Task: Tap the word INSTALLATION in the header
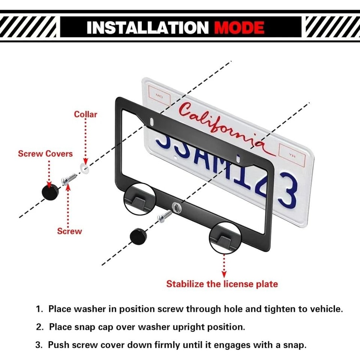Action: (148, 27)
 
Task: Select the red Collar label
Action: (86, 114)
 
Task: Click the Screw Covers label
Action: (45, 154)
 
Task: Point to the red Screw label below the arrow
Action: (69, 231)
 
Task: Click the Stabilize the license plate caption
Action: (222, 284)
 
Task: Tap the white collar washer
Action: (84, 167)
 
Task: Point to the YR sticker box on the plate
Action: (291, 156)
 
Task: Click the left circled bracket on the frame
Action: (140, 200)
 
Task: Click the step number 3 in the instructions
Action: (39, 345)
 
